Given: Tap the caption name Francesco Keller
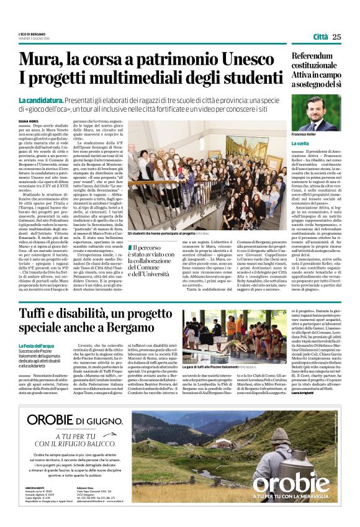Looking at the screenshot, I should (x=307, y=135).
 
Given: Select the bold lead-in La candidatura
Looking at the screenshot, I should (x=39, y=101).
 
